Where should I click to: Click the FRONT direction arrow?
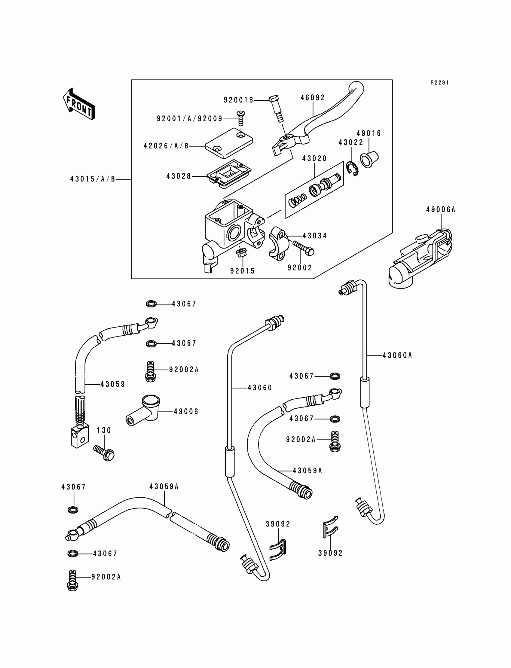(79, 104)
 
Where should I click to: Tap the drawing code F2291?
(439, 83)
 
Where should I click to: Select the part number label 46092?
(313, 98)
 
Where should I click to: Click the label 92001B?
(238, 100)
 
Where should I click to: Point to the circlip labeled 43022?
(353, 169)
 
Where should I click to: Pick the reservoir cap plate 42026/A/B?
(229, 143)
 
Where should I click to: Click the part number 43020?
(314, 158)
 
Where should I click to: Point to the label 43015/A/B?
(93, 179)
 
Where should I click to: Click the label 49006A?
(441, 209)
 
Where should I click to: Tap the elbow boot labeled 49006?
(143, 410)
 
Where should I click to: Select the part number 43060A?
(397, 355)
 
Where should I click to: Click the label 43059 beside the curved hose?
(113, 384)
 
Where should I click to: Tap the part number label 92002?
(300, 267)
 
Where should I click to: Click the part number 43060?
(260, 388)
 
